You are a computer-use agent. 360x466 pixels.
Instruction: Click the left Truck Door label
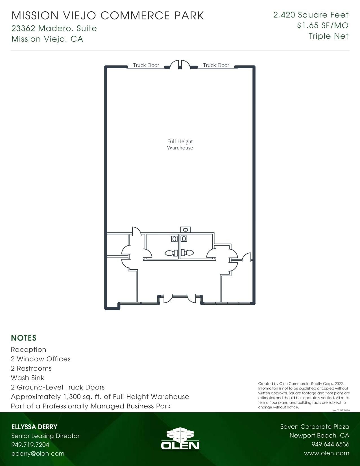146,65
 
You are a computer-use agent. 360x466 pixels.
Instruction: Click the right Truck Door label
216,65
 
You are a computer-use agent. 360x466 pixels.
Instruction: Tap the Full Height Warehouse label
180,144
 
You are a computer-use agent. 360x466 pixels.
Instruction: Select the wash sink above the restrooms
186,230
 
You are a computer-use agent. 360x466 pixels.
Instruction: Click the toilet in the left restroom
171,253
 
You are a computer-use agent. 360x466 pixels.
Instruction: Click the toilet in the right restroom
187,252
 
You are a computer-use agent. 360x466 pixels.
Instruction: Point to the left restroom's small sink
174,239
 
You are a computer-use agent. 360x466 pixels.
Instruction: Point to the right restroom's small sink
184,238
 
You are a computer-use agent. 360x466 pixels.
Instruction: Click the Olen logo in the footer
180,439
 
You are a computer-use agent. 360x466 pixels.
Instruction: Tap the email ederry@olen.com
38,454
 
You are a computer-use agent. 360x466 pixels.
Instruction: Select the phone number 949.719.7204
30,445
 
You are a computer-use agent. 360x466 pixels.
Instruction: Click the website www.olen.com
327,453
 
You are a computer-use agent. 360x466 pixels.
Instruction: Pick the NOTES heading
24,338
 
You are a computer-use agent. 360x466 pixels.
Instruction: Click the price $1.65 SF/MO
323,25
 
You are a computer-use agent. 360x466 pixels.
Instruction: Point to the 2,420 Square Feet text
311,15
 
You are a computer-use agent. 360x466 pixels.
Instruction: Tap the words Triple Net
329,36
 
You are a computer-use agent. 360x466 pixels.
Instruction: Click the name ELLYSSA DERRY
34,427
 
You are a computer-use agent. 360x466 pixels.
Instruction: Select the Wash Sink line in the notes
27,378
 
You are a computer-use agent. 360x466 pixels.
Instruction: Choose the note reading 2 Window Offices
41,359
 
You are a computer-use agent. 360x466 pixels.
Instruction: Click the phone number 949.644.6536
330,444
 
